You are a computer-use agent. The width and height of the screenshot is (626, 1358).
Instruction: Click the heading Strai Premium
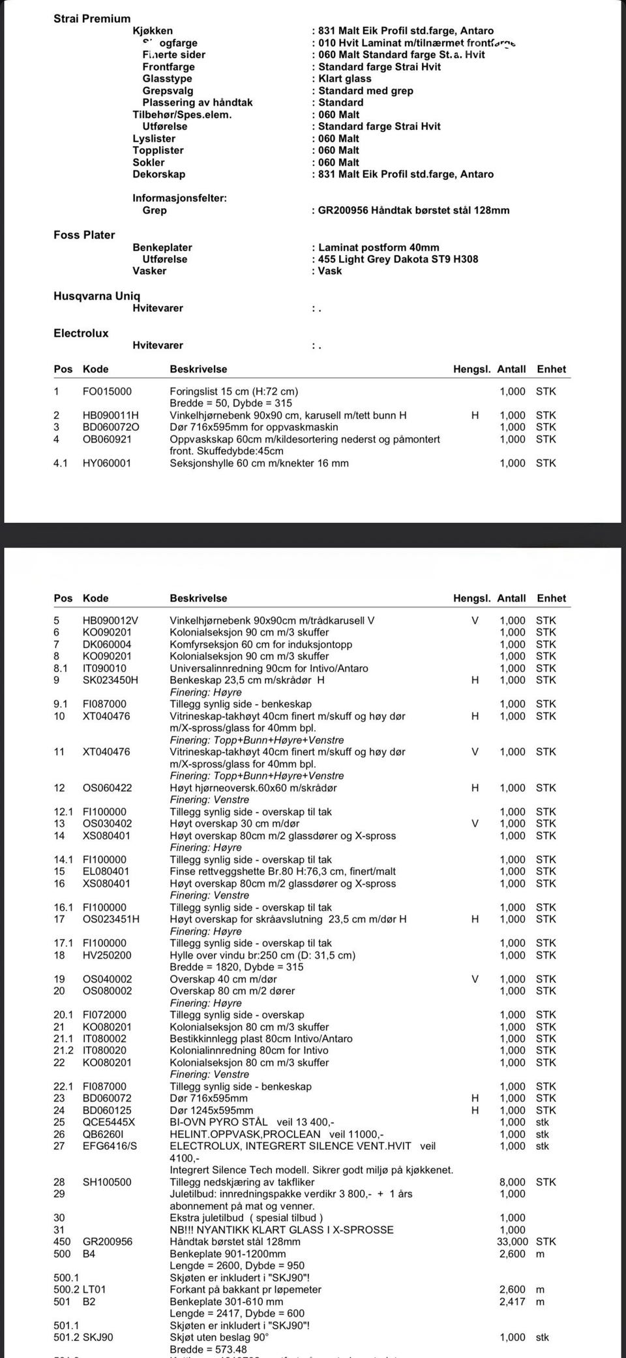click(x=92, y=19)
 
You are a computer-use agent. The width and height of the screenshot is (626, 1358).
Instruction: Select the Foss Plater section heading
click(x=84, y=235)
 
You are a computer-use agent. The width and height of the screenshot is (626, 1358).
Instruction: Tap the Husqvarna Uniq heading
click(x=97, y=296)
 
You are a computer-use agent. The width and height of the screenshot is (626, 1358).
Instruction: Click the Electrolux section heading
click(x=81, y=333)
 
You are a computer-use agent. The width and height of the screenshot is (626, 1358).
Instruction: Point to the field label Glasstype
click(x=167, y=79)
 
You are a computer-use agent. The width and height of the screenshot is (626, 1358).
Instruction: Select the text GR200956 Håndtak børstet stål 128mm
click(x=413, y=210)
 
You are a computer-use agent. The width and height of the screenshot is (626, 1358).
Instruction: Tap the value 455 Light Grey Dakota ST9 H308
click(x=398, y=259)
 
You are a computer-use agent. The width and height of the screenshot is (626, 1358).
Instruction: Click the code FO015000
click(x=107, y=392)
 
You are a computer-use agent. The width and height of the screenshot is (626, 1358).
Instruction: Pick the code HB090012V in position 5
click(x=110, y=621)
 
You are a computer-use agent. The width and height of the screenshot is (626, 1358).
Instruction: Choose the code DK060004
click(x=107, y=644)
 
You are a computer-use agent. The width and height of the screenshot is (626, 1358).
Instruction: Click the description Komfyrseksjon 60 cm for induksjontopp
click(x=261, y=644)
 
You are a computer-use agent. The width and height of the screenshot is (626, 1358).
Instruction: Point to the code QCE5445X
click(x=109, y=1122)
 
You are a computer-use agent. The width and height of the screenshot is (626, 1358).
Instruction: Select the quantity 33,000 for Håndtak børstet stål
click(x=512, y=1241)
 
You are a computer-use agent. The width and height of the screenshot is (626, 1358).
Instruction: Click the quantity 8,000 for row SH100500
click(x=512, y=1182)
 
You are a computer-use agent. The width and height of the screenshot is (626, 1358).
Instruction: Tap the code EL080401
click(x=106, y=871)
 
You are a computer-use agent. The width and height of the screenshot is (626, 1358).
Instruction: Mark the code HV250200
click(x=107, y=955)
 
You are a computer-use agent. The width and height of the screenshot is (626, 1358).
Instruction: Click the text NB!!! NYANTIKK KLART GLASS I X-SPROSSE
click(x=282, y=1229)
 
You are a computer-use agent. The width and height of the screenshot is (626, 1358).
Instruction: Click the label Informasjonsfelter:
click(x=179, y=198)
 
